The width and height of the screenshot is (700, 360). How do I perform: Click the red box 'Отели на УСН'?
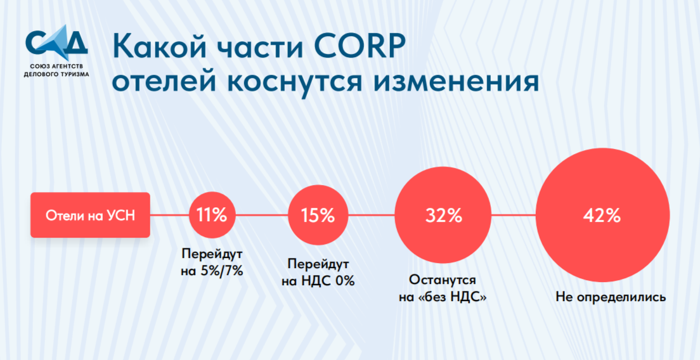point(90,215)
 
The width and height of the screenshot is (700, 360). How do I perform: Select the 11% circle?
point(212,215)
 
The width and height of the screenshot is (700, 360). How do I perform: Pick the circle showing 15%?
point(318,215)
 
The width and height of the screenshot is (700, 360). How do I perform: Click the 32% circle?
point(443,215)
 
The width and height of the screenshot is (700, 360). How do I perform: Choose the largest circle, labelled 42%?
point(602,215)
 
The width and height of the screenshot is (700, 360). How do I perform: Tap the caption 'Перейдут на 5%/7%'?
point(212,263)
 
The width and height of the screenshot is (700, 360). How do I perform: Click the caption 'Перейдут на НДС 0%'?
point(318,273)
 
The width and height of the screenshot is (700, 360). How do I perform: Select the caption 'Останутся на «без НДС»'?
point(443,289)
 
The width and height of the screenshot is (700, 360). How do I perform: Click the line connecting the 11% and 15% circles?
point(261,215)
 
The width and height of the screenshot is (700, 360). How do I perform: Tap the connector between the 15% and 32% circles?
point(371,215)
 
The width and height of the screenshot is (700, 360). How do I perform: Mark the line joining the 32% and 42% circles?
point(513,215)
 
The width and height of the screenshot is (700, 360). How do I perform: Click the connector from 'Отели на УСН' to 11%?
point(169,215)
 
